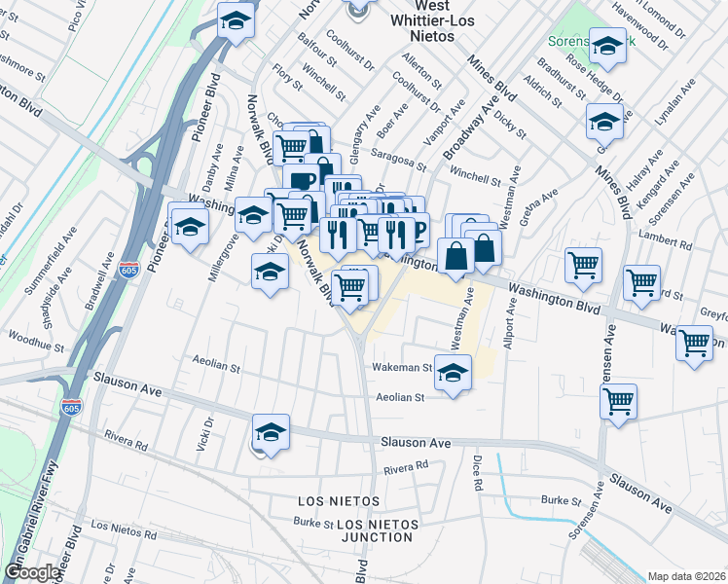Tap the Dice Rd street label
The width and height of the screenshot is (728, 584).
point(478,471)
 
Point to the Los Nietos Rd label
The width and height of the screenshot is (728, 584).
point(124,531)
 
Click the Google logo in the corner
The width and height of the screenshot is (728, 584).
point(33,572)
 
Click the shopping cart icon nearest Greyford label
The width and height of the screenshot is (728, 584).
point(695,343)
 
